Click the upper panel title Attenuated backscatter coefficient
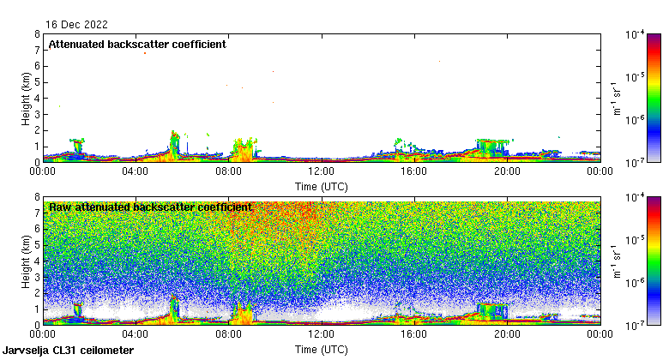137,45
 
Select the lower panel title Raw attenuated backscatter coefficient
150,207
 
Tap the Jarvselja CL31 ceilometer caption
62,351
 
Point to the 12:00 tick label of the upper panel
321,171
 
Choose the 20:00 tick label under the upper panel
507,171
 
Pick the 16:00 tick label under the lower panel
414,334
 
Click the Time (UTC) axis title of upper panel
321,186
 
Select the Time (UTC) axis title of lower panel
321,350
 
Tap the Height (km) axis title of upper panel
27,98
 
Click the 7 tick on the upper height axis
37,51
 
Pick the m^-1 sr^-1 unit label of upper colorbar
616,98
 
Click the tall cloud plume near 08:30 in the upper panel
244,150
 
